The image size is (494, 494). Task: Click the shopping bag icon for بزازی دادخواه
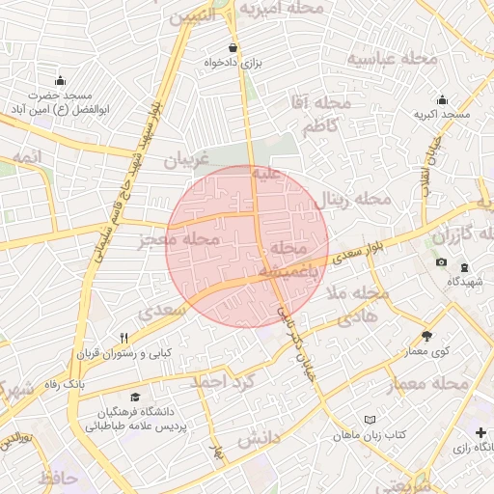click(232, 47)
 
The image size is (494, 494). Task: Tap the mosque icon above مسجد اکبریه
click(442, 99)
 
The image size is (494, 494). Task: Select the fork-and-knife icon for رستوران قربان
click(123, 338)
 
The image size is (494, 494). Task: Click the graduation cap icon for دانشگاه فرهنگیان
click(135, 398)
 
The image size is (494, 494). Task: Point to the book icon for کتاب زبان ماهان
click(370, 420)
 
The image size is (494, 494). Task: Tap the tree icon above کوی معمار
click(426, 337)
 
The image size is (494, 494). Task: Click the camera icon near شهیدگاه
click(441, 262)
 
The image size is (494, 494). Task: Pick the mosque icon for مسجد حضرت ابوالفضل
click(61, 80)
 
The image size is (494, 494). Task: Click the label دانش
click(258, 439)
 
